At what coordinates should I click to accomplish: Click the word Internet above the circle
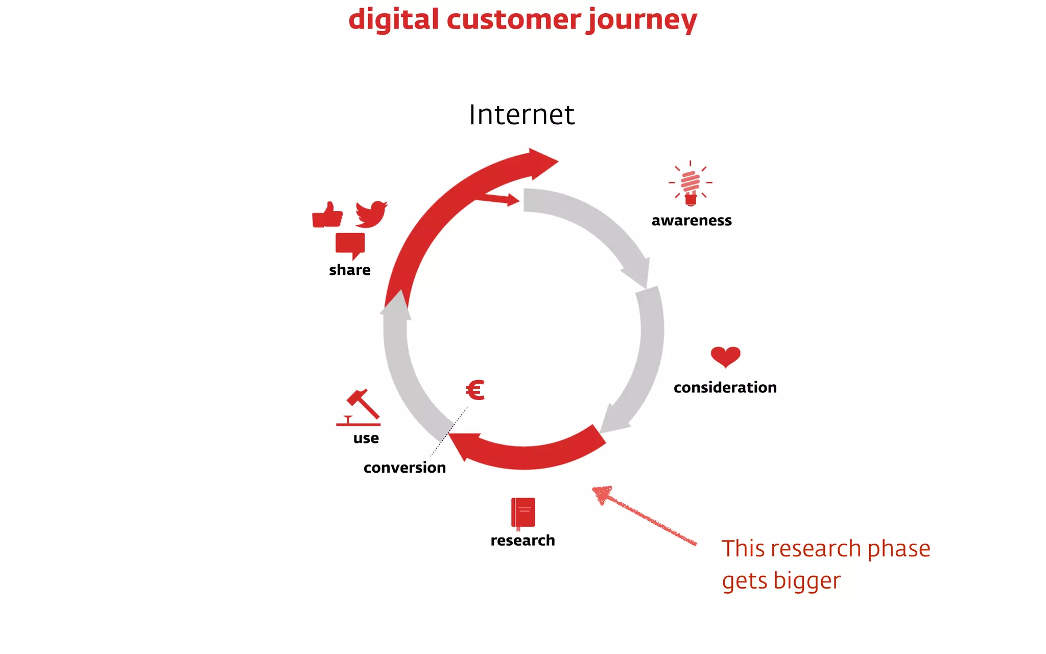point(521,114)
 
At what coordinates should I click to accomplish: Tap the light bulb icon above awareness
point(691,183)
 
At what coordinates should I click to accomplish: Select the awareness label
point(692,221)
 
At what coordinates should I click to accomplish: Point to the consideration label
point(725,388)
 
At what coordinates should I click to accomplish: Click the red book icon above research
point(523,513)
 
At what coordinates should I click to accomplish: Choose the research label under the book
point(522,541)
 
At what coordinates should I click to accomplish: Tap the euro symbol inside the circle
point(475,390)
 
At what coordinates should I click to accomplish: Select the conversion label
point(405,468)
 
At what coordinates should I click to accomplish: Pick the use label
point(366,438)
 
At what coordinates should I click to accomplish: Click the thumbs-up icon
point(327,215)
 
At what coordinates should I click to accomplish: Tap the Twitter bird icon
point(371,214)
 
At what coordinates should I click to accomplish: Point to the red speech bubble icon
point(350,245)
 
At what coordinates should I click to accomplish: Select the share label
point(349,270)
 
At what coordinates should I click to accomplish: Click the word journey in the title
point(641,20)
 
